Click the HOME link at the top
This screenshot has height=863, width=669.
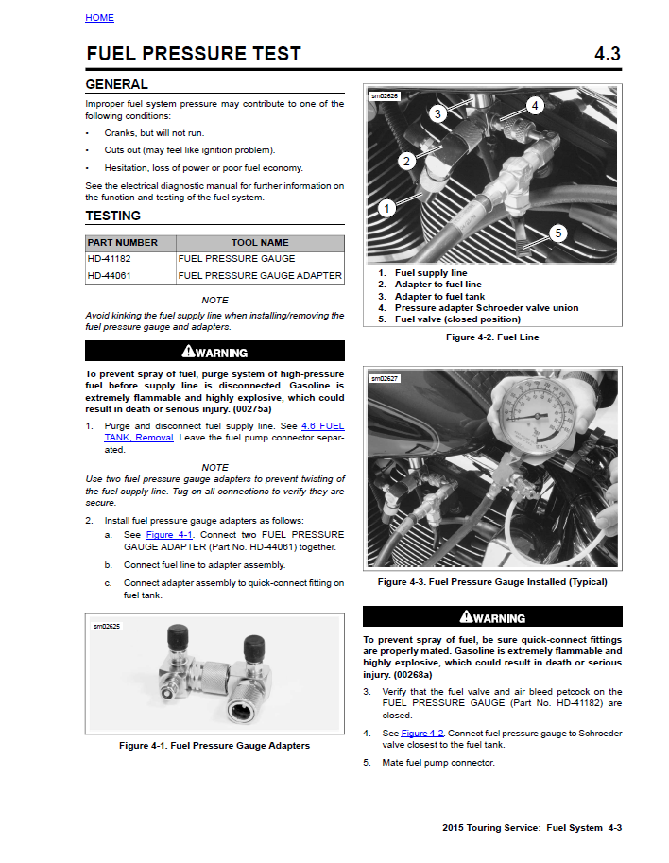(x=99, y=18)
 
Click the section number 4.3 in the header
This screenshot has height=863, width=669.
(x=607, y=54)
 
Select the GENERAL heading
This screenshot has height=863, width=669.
(x=116, y=84)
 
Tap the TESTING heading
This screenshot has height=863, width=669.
(x=112, y=216)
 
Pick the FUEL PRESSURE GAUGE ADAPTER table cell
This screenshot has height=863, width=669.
(x=260, y=276)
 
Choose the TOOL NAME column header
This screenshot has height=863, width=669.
(x=260, y=243)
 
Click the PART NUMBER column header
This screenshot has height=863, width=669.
(x=123, y=243)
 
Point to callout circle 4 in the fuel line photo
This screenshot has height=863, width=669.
(x=535, y=106)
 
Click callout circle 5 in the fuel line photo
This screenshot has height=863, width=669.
(x=557, y=233)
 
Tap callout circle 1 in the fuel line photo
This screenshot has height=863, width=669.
(x=386, y=208)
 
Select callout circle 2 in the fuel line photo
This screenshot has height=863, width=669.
(x=406, y=161)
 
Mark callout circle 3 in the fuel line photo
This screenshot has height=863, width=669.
(x=437, y=114)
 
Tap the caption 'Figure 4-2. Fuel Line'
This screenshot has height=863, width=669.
(x=492, y=337)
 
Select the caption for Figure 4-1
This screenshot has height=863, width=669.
(x=214, y=745)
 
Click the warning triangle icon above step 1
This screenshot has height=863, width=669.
(x=189, y=352)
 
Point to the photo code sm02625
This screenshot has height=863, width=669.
(x=107, y=626)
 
